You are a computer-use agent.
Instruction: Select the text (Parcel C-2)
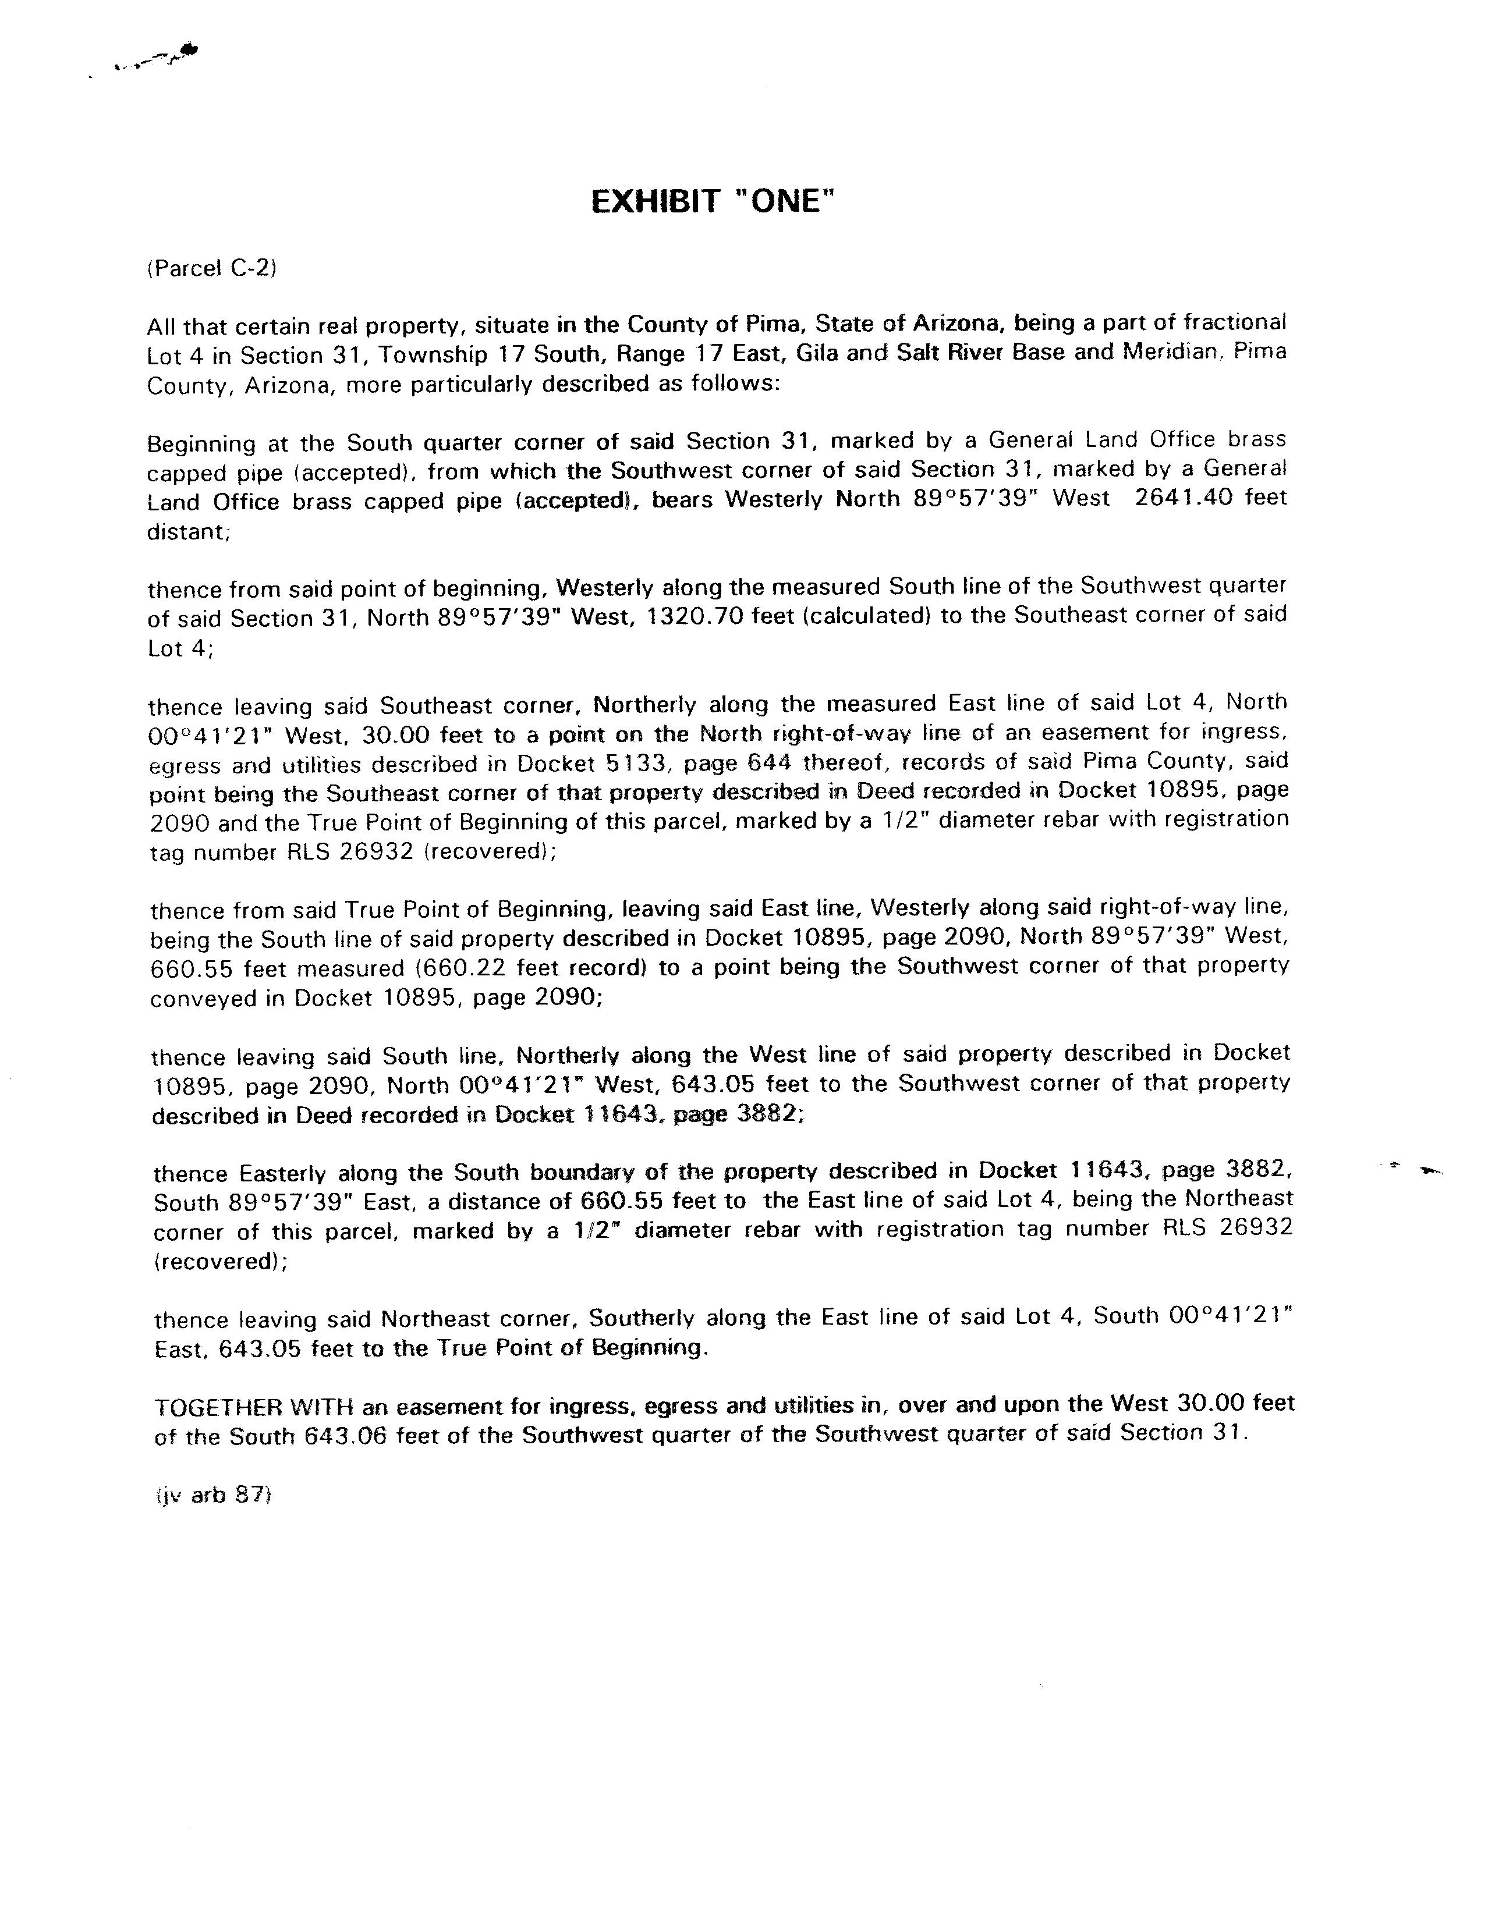pyautogui.click(x=211, y=269)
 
